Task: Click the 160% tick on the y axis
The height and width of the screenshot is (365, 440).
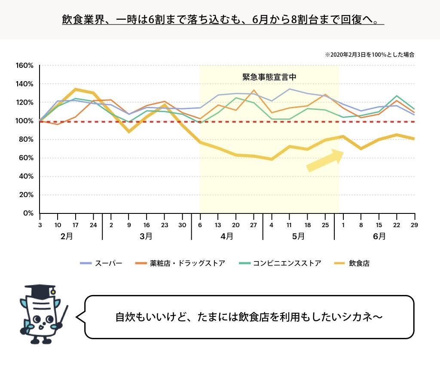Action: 24,66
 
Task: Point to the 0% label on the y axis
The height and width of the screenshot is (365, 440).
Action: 27,213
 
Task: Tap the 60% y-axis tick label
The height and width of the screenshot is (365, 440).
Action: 26,158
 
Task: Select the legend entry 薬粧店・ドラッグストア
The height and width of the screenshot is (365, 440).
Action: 180,263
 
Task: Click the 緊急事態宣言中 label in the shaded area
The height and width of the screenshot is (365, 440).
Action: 269,77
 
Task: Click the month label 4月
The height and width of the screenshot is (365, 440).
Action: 227,236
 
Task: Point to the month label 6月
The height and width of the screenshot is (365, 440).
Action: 379,236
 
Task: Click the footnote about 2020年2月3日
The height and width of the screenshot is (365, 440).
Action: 370,55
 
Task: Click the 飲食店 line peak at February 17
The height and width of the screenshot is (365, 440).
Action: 75,89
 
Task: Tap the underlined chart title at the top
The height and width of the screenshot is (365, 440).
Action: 223,20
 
